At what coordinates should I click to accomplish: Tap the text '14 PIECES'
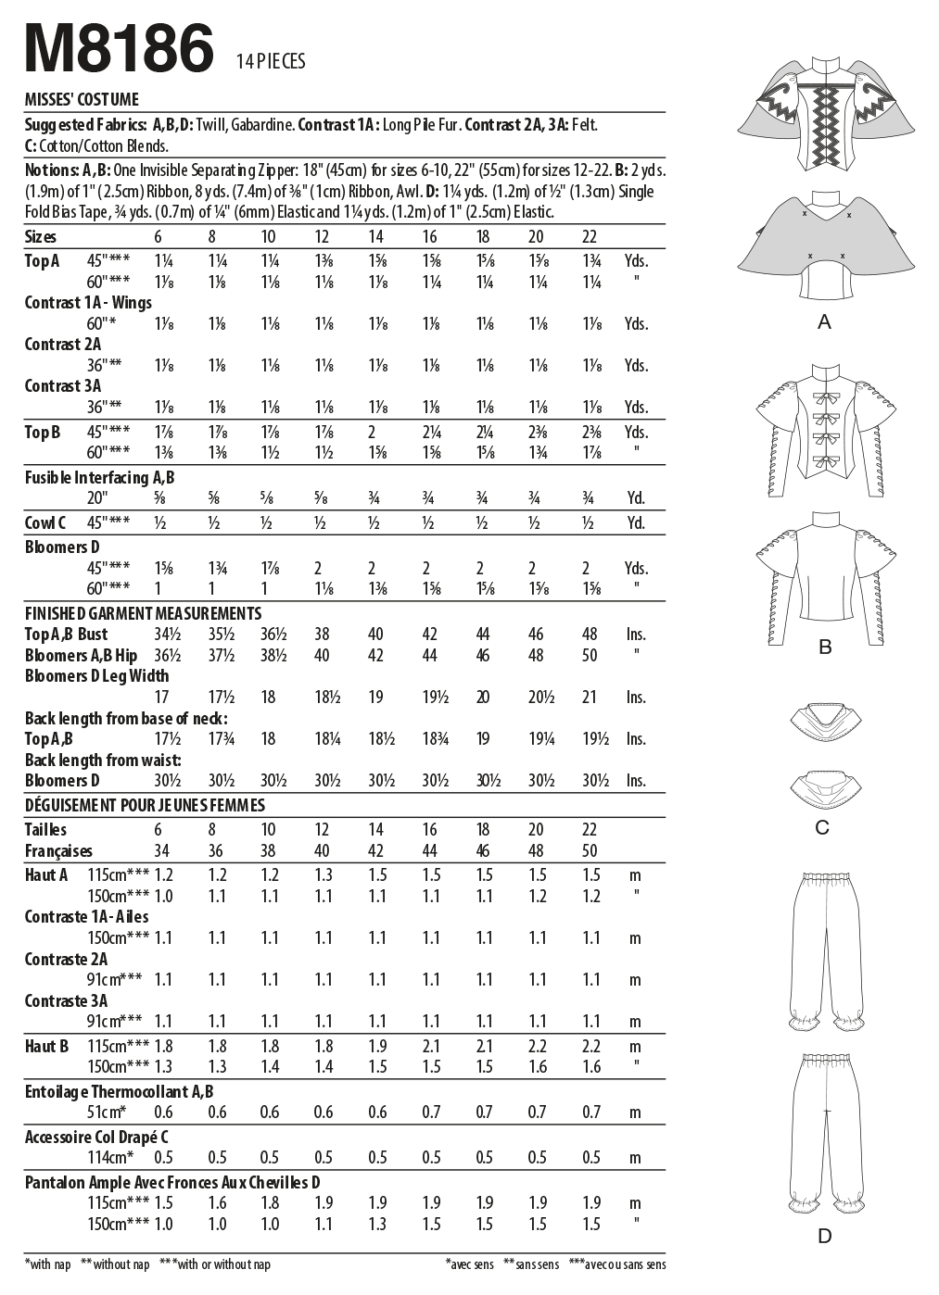pyautogui.click(x=271, y=62)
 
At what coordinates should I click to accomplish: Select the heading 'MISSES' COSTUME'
pyautogui.click(x=82, y=100)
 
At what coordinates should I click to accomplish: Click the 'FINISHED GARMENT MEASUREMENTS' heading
pyautogui.click(x=143, y=613)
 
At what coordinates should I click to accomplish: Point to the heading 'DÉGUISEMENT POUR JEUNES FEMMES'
pyautogui.click(x=145, y=805)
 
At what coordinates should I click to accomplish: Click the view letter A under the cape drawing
pyautogui.click(x=824, y=322)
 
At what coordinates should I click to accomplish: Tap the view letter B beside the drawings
pyautogui.click(x=824, y=647)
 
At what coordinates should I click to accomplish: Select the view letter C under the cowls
pyautogui.click(x=822, y=827)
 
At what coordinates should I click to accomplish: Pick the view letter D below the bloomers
pyautogui.click(x=824, y=1235)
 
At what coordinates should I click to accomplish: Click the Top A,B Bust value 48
pyautogui.click(x=590, y=635)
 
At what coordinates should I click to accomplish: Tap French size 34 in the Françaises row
pyautogui.click(x=162, y=850)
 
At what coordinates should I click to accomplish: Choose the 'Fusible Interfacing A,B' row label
pyautogui.click(x=99, y=477)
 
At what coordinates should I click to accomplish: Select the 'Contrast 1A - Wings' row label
pyautogui.click(x=88, y=302)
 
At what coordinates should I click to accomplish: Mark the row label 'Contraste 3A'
pyautogui.click(x=66, y=1000)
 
